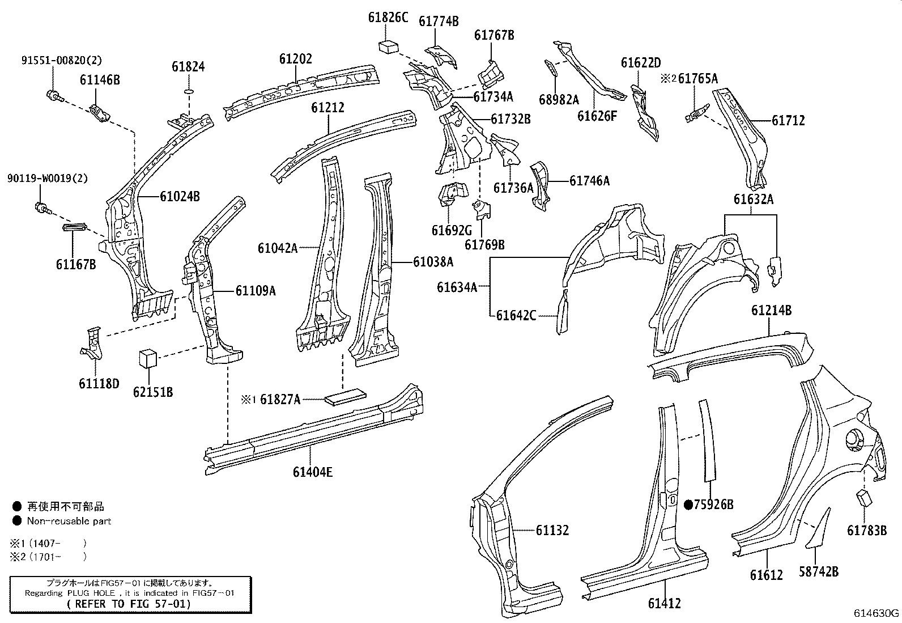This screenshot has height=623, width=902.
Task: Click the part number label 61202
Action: [x=295, y=59]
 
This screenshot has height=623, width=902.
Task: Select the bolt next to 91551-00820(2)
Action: [x=53, y=96]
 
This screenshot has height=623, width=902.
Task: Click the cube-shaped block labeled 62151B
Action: [x=147, y=358]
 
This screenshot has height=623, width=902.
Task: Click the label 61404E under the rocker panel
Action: [x=313, y=471]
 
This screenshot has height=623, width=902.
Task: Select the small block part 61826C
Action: [x=388, y=46]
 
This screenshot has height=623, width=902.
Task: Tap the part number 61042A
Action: [x=278, y=248]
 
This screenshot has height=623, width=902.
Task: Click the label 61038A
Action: [x=433, y=262]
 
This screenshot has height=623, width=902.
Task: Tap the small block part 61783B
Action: [x=864, y=498]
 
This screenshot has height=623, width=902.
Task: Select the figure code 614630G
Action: [x=877, y=613]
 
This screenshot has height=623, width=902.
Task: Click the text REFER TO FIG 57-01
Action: [x=130, y=604]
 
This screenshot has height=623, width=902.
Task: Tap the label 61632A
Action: [x=753, y=200]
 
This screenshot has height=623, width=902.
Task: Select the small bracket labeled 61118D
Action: [x=91, y=346]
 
